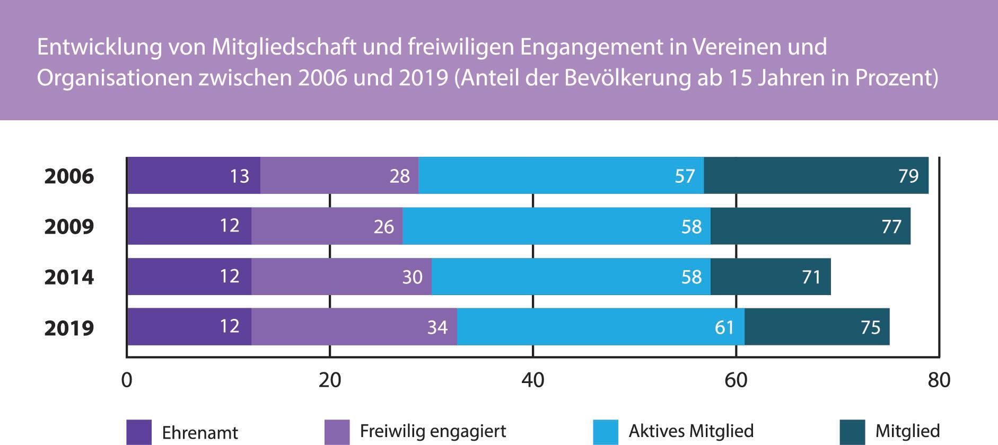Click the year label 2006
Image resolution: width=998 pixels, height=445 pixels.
point(69,176)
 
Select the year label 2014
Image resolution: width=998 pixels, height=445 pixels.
point(69,277)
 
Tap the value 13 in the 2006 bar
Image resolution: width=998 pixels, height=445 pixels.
point(239,176)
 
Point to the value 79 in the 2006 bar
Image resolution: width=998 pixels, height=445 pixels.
point(908,176)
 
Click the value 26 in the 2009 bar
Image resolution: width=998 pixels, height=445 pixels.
point(383,227)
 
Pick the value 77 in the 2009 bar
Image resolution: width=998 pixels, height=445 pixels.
point(891,227)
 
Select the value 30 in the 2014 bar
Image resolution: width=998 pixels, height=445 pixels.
point(412,277)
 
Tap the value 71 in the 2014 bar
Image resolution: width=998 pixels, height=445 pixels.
point(811,277)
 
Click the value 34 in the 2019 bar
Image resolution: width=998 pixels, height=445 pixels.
point(437,327)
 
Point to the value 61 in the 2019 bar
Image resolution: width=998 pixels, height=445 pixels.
point(724,327)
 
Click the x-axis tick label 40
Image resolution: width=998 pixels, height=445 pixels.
point(533,380)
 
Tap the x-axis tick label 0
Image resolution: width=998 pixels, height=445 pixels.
point(127,380)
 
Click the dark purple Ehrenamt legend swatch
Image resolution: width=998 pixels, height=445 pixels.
point(139,432)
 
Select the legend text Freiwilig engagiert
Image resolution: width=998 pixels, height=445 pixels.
point(433,431)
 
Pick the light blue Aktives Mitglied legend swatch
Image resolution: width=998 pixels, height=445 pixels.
point(605,432)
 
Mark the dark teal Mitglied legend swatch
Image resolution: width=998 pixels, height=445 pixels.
point(852,432)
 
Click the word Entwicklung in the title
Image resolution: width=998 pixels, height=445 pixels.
point(99,47)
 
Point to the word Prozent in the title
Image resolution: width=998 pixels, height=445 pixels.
point(894,78)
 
